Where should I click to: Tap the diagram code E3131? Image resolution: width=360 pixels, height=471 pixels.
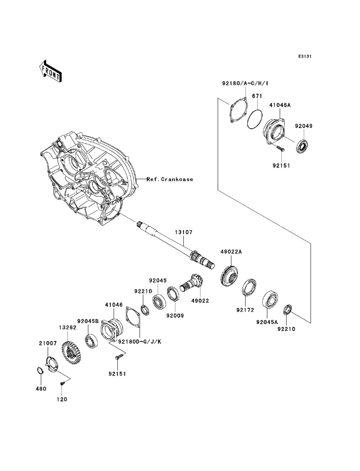tap(305, 56)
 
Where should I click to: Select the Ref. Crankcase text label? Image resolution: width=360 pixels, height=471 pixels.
tap(170, 179)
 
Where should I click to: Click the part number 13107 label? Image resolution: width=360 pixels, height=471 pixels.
tap(184, 232)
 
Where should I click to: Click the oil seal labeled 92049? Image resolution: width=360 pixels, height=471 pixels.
tap(303, 146)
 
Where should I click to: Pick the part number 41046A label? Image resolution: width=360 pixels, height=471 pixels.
tap(280, 105)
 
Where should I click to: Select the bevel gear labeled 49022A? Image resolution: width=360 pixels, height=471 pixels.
tap(229, 276)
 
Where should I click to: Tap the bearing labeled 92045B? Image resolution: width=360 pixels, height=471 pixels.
tap(91, 341)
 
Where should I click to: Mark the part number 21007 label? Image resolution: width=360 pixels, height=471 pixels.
tap(48, 343)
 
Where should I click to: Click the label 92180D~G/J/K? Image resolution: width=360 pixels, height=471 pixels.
tap(140, 341)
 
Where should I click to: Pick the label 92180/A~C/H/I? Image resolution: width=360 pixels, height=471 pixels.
tap(245, 83)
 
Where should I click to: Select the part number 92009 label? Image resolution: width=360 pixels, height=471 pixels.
tap(175, 316)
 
